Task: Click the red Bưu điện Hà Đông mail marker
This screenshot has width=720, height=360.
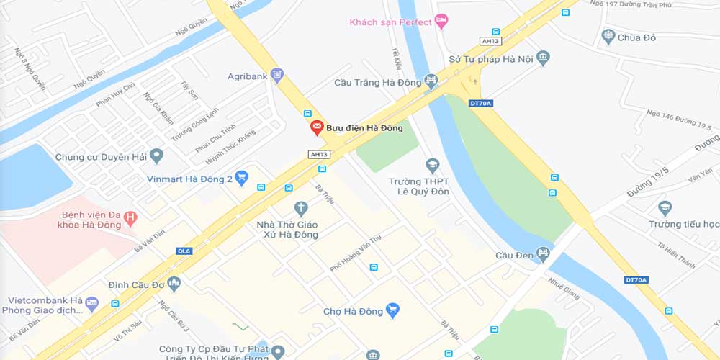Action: point(317,127)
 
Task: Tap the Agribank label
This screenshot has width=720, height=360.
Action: point(248,76)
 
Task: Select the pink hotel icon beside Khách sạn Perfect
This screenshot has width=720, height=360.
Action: point(442,21)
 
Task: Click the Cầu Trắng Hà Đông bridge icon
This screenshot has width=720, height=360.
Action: point(431,81)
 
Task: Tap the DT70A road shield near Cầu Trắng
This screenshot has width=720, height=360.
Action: point(480,103)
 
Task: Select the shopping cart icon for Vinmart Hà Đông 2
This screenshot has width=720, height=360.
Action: point(242,177)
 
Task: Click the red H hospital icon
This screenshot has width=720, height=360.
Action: point(130,215)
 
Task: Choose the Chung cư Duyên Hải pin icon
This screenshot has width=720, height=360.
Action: point(156,156)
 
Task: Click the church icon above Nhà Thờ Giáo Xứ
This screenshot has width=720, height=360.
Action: point(301,209)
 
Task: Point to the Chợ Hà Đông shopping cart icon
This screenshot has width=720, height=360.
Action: point(392,310)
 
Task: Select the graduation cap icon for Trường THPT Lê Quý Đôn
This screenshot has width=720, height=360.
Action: point(433,166)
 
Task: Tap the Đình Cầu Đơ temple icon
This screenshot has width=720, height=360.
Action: point(173,284)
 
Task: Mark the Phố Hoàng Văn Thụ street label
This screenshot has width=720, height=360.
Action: point(355,253)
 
